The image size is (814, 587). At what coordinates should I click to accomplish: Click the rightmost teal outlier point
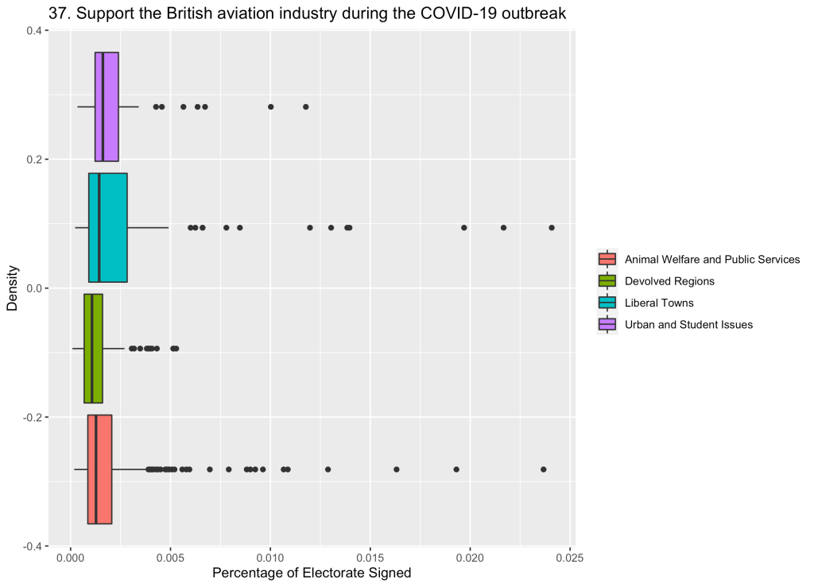pyautogui.click(x=552, y=228)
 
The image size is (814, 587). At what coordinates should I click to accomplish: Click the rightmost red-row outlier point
pyautogui.click(x=544, y=469)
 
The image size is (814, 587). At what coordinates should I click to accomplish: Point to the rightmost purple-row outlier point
pyautogui.click(x=306, y=106)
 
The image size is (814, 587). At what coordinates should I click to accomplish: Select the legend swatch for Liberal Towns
pyautogui.click(x=607, y=303)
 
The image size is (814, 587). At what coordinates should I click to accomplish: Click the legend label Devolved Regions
pyautogui.click(x=669, y=281)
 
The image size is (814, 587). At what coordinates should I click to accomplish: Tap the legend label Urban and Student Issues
pyautogui.click(x=688, y=324)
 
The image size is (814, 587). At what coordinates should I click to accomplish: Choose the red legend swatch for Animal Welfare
pyautogui.click(x=607, y=259)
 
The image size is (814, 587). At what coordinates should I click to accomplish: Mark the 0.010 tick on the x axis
pyautogui.click(x=270, y=559)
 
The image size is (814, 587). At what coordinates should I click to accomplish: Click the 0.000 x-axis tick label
pyautogui.click(x=71, y=559)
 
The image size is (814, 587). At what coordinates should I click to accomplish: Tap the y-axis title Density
pyautogui.click(x=13, y=288)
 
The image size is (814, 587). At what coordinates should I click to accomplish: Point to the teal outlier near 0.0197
pyautogui.click(x=464, y=228)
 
